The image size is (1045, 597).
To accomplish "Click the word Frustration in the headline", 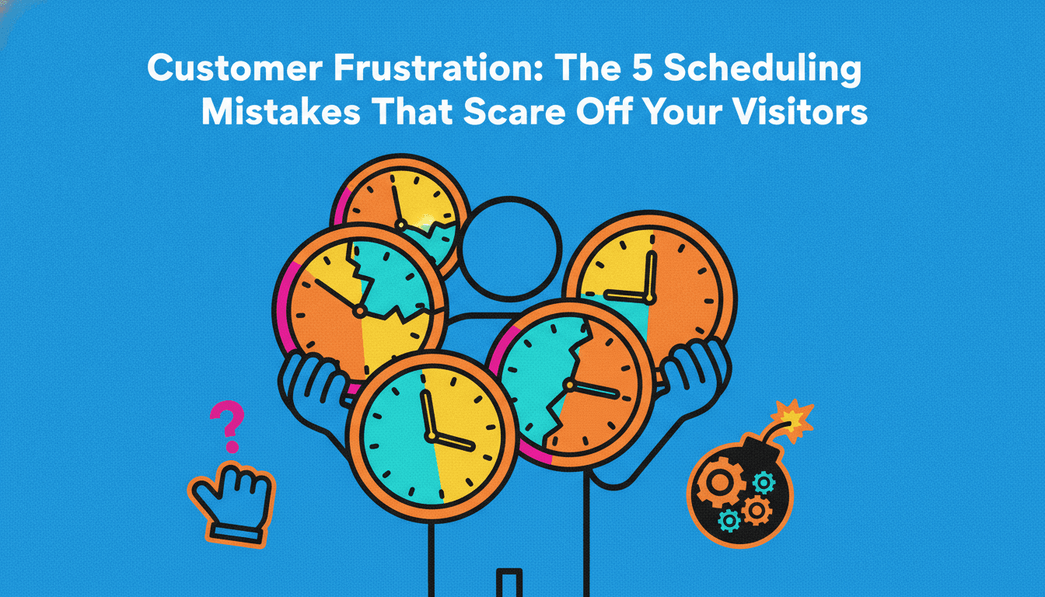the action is pos(439,68).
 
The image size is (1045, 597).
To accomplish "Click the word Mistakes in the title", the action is pos(281,112).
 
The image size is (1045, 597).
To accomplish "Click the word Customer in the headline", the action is pos(235,68).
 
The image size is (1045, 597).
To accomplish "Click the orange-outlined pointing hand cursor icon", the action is pos(232,504).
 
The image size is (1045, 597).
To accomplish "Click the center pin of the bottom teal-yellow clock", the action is pos(431,437).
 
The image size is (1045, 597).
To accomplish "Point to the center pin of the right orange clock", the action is pos(648,297).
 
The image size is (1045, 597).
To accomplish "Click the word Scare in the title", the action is pos(514,112).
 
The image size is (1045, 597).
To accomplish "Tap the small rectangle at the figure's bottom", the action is pos(509,583).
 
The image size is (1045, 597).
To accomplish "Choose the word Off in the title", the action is pos(603,112).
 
